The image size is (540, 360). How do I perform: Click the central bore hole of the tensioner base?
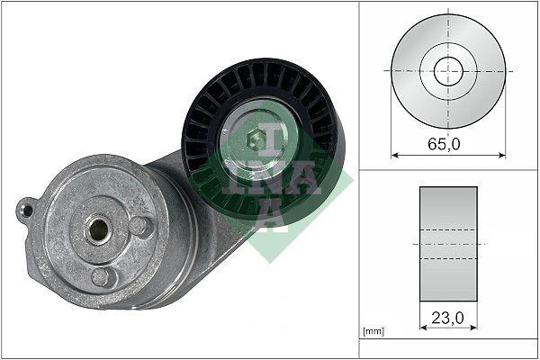click(96, 229)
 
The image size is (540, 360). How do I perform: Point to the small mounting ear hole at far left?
click(27, 211)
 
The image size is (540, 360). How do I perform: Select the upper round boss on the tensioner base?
click(139, 226)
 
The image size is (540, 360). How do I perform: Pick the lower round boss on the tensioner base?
click(103, 277)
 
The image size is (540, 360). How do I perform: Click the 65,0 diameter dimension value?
click(446, 142)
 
